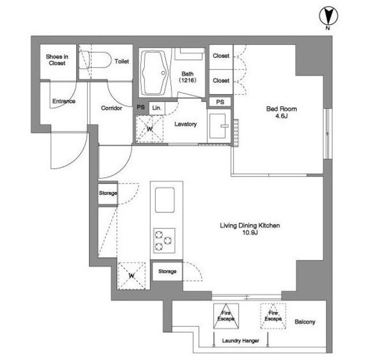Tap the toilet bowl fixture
click(x=95, y=60)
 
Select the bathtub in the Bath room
click(x=155, y=73)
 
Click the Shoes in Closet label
click(x=57, y=60)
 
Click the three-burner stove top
click(x=164, y=241)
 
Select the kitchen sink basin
click(x=165, y=200)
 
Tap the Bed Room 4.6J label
click(x=281, y=112)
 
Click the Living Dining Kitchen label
click(x=250, y=229)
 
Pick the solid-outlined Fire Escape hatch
click(x=226, y=316)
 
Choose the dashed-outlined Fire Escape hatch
click(x=273, y=316)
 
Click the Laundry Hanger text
click(x=240, y=341)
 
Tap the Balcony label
click(x=305, y=321)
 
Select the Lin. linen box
click(x=157, y=108)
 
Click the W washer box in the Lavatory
click(x=149, y=129)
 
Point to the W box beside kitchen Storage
click(x=131, y=276)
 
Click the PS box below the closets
click(x=220, y=102)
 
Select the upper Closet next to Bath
click(x=221, y=57)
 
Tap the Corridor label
click(x=111, y=108)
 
